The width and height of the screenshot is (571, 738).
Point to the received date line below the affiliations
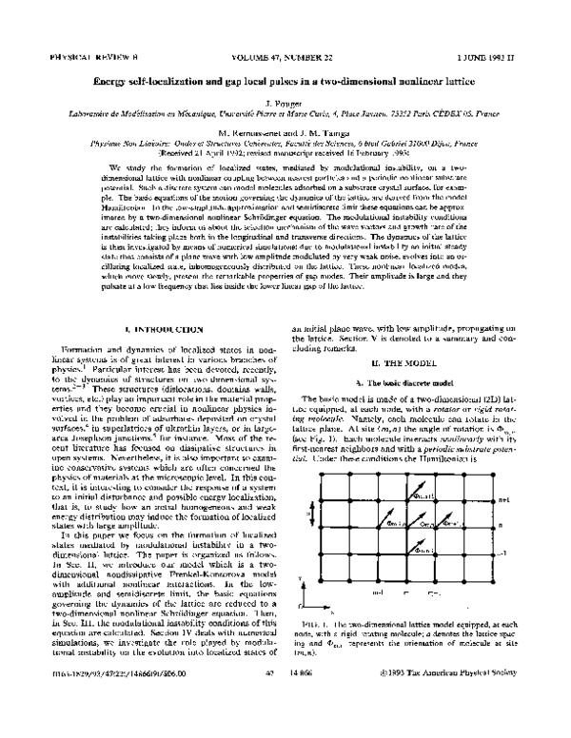point(285,150)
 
